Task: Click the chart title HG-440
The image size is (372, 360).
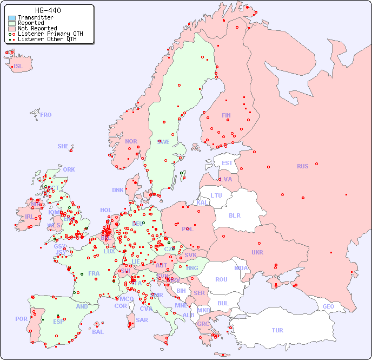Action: click(48, 10)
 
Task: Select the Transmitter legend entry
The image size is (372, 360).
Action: click(35, 17)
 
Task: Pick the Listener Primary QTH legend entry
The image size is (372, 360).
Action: click(46, 34)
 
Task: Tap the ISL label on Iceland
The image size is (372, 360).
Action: click(18, 67)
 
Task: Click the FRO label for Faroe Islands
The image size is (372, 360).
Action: click(46, 115)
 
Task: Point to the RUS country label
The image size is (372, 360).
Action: click(302, 166)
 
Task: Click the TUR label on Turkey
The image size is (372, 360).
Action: click(277, 330)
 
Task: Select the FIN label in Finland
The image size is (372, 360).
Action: click(226, 115)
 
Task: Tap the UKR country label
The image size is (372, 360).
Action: click(257, 252)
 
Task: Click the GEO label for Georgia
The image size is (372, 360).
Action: click(328, 306)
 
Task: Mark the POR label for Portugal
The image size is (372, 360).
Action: click(21, 319)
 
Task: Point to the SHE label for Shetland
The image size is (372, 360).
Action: click(63, 146)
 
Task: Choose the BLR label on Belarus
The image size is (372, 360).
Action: click(234, 215)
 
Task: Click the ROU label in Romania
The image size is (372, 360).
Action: click(221, 279)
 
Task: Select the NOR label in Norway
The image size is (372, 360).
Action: click(131, 141)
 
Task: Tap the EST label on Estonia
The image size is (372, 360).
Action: click(227, 163)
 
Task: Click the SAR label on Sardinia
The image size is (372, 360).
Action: click(142, 320)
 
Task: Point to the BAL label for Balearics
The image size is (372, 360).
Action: click(97, 332)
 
